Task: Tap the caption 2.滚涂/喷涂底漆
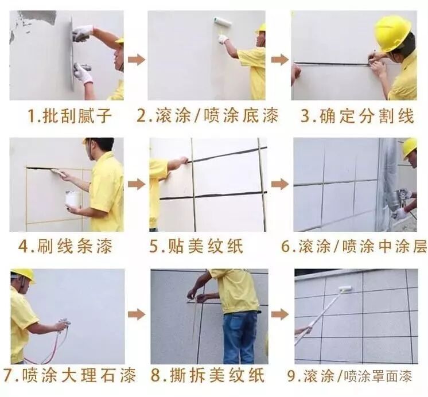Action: (x=208, y=116)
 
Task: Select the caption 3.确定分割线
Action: (x=357, y=116)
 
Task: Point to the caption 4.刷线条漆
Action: (x=65, y=247)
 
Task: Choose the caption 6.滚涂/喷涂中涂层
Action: (x=354, y=247)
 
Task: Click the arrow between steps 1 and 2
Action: (x=136, y=59)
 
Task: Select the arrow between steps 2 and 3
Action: (x=279, y=59)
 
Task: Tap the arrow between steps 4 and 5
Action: (x=136, y=184)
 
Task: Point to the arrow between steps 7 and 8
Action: (x=136, y=314)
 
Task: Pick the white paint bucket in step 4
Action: (x=73, y=198)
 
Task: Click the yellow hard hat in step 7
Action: (x=23, y=274)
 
